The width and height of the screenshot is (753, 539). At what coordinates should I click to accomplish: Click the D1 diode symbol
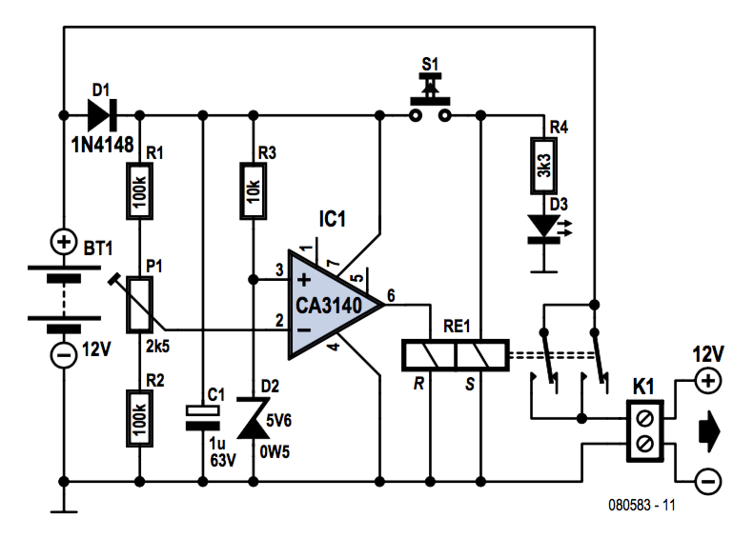coord(102,115)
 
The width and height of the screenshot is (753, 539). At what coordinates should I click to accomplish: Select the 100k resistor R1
coord(140,191)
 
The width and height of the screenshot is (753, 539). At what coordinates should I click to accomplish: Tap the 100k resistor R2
coord(140,418)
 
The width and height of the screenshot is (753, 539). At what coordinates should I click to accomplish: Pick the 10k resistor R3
coord(254,191)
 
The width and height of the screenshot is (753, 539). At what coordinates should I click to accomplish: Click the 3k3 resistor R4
coord(543,166)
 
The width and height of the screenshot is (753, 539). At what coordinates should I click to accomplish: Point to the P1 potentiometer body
coord(140,305)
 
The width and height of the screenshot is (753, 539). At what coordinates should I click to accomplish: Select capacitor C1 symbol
coord(203,417)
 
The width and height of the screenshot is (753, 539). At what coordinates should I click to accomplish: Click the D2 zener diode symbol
coord(254,418)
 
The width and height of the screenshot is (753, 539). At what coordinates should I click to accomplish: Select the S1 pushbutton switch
coord(430,98)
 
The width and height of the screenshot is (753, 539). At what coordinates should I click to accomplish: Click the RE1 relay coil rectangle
coord(456,355)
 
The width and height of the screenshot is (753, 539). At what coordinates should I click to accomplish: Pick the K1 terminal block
coord(645,431)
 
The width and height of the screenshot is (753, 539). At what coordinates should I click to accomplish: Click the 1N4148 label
coord(102,144)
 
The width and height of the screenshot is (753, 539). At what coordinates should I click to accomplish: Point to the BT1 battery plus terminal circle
coord(64,242)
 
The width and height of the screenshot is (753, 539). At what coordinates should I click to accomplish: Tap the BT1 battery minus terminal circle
coord(64,355)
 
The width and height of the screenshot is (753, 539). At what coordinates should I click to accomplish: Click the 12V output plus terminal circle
coord(708,381)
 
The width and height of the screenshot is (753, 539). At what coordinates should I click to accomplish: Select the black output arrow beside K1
coord(710,430)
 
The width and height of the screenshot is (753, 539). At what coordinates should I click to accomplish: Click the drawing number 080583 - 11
coord(641,505)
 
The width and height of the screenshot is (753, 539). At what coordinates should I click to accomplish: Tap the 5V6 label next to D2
coord(278,421)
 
